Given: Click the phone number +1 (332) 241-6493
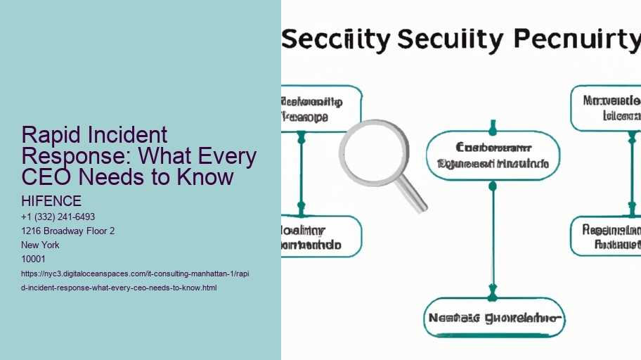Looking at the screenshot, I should click(59, 217).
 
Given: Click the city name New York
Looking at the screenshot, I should click(41, 245).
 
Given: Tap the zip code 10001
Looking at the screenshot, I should click(34, 259).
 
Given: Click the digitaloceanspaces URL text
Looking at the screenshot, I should click(134, 273).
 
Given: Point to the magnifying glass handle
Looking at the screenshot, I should click(414, 198).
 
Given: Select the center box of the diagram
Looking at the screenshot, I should click(493, 155).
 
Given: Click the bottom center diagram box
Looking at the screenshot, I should click(493, 319).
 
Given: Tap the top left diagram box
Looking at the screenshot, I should click(320, 109).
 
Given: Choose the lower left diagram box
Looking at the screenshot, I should click(320, 236).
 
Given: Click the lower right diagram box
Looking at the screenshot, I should click(607, 236).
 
